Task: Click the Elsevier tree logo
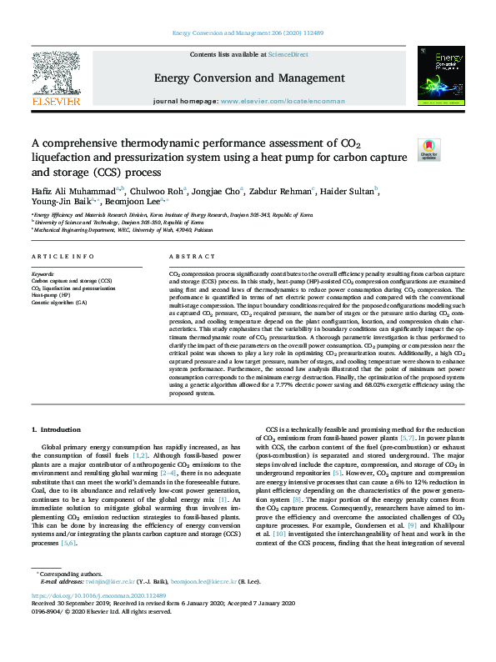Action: (56, 79)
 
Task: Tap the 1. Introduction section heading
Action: (57, 429)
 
